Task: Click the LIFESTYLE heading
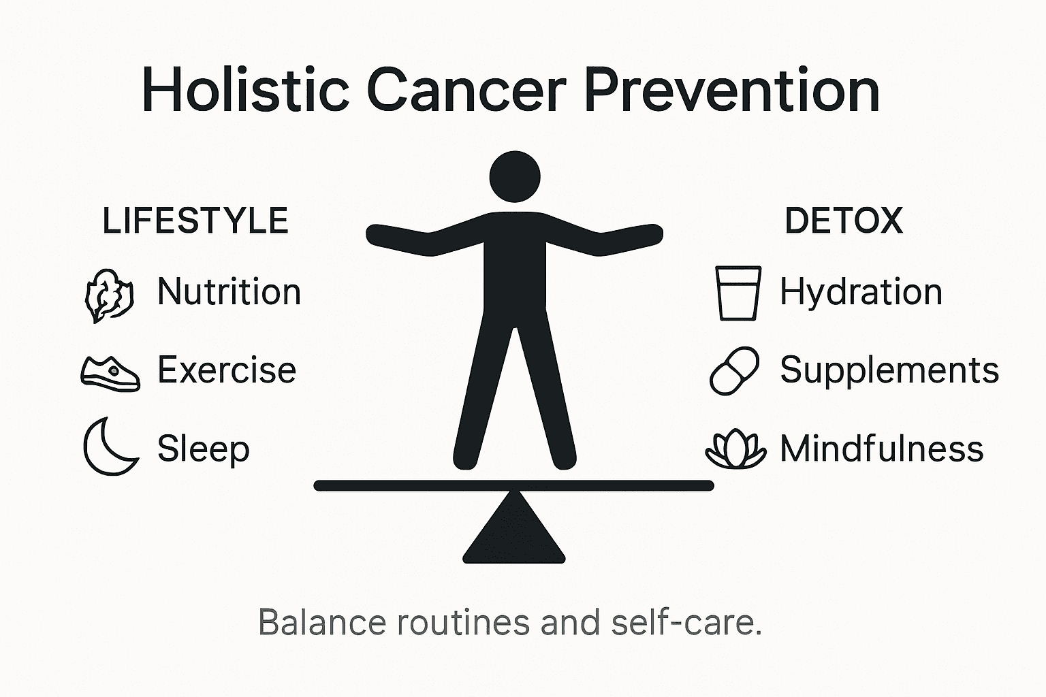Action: click(195, 221)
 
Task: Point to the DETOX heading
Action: click(844, 221)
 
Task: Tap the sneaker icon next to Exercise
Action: click(110, 373)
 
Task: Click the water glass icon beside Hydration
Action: click(738, 293)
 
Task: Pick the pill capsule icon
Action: click(734, 371)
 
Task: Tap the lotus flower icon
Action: click(735, 449)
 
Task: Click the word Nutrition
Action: click(229, 292)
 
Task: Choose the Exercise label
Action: click(227, 370)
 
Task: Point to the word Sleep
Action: click(203, 449)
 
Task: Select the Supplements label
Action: click(889, 370)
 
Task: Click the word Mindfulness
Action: click(881, 449)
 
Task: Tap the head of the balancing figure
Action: click(515, 176)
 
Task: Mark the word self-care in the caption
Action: click(685, 622)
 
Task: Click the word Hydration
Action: click(861, 292)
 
